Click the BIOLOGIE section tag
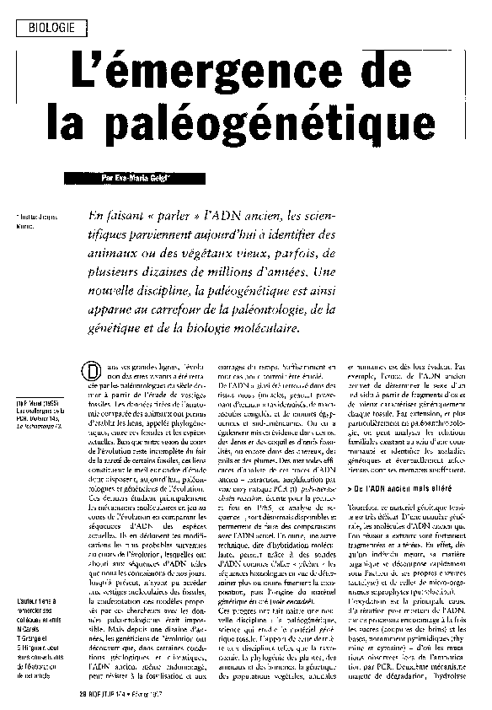click(x=51, y=28)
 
